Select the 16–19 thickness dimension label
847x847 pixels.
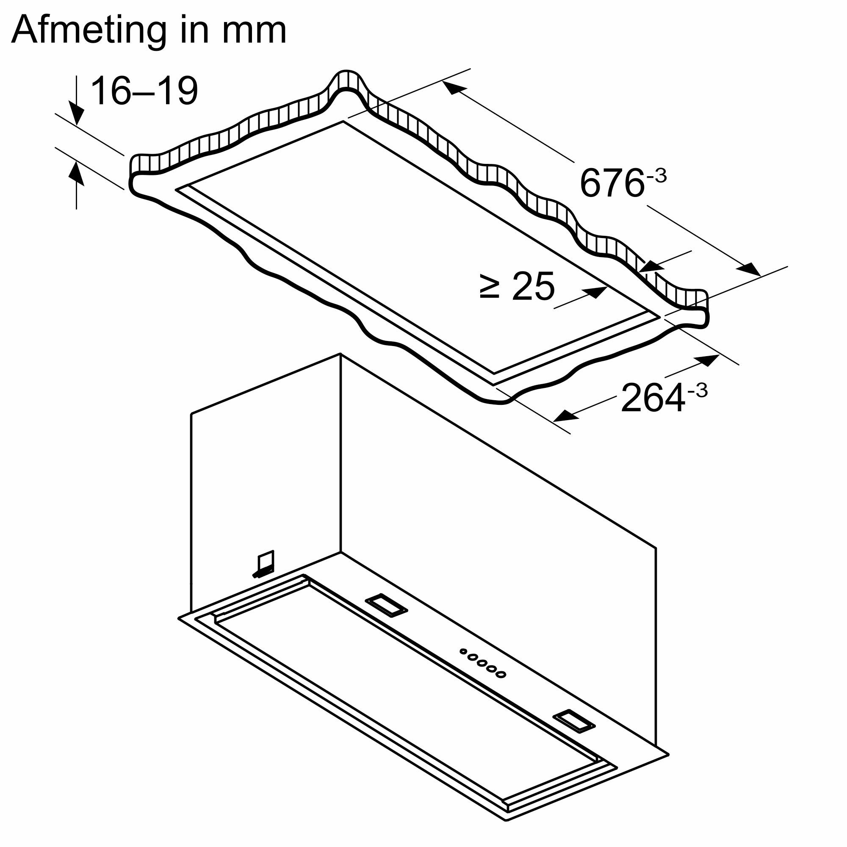pyautogui.click(x=144, y=91)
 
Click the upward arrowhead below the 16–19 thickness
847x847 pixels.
pyautogui.click(x=77, y=171)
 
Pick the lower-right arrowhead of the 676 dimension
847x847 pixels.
pyautogui.click(x=750, y=270)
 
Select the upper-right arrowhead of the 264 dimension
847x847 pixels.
pyautogui.click(x=708, y=360)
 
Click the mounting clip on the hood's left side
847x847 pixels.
pyautogui.click(x=264, y=565)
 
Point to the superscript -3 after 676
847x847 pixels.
pyautogui.click(x=656, y=176)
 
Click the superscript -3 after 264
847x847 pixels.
pyautogui.click(x=697, y=390)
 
